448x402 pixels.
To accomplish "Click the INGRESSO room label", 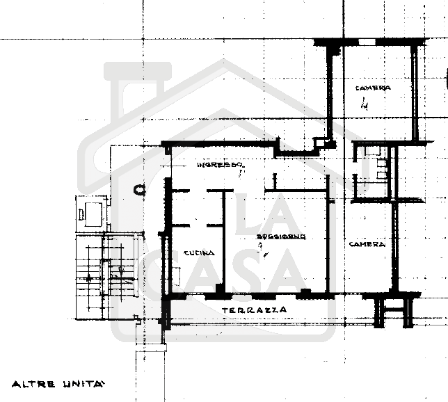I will pos(218,165).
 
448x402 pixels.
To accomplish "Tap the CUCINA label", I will pos(199,253).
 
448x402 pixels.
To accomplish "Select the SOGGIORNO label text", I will pos(282,236).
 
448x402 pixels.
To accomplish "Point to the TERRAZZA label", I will pos(255,309).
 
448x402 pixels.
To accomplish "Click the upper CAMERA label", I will pos(373,88).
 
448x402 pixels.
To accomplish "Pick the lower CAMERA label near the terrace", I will pos(367,244).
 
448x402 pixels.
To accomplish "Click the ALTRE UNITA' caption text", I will pos(58,383).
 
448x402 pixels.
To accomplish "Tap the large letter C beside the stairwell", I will pos(138,189).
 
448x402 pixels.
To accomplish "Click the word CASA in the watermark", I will pos(237,268).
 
